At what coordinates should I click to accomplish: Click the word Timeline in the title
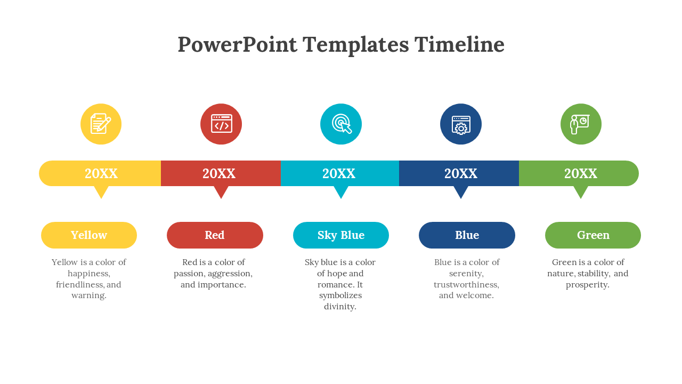459,44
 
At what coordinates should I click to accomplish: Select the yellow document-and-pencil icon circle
101,124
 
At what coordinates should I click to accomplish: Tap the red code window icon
221,124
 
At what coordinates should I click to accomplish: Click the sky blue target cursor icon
341,124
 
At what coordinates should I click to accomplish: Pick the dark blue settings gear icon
461,124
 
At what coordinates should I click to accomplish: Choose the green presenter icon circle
581,124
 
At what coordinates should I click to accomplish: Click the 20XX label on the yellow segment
101,173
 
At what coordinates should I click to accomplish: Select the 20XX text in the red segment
219,173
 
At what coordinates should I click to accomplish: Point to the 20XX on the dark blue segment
461,173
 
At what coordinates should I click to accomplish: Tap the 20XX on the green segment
581,173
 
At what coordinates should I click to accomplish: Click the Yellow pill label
89,235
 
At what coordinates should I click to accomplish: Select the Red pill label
215,235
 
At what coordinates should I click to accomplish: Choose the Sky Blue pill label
341,235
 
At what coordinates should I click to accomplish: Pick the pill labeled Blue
467,235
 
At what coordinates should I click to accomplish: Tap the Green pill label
593,235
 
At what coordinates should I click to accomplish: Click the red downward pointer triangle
221,191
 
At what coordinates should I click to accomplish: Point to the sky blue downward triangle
341,191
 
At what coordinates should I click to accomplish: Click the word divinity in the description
340,307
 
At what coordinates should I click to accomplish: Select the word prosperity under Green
588,285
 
